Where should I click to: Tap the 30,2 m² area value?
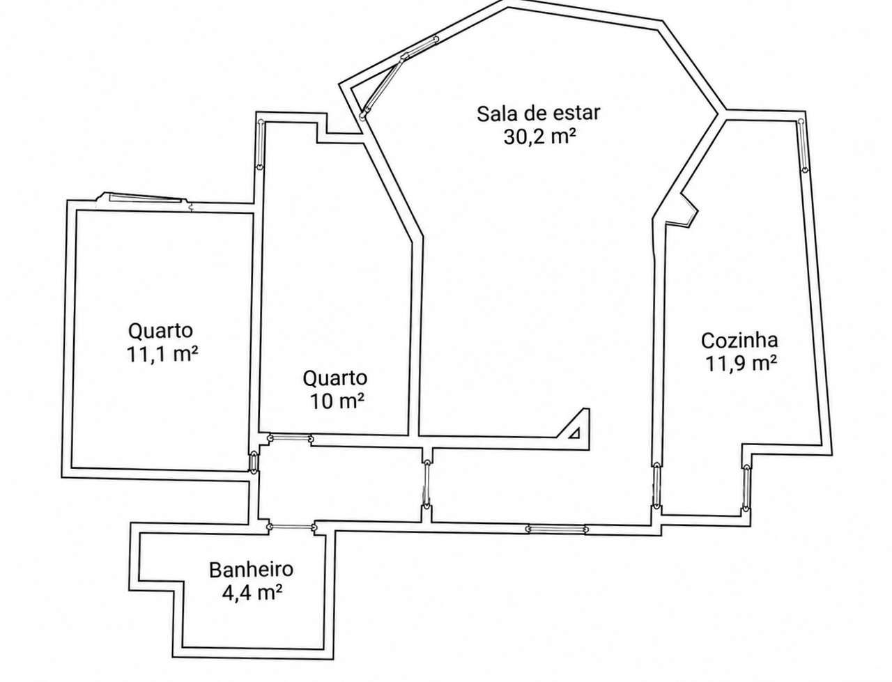coord(539,137)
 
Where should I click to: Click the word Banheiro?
coord(251,568)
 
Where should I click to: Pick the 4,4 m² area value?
coord(252,592)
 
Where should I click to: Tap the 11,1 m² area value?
coord(162,354)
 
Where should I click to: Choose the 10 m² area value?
coord(337,401)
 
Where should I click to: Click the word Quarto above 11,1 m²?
coord(160,331)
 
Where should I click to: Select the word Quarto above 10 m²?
coord(335,378)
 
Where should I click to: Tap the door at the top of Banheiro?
coord(291,527)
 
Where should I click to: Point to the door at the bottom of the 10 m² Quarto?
coord(290,439)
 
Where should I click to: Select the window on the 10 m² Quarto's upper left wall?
coord(260,145)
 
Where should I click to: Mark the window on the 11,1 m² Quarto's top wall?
coord(145,197)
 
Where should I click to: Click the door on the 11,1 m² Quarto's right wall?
coord(253,462)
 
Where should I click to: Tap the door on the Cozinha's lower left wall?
coord(656,486)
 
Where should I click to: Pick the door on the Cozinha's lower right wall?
coord(746,488)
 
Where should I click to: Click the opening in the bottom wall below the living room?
coord(556,529)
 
